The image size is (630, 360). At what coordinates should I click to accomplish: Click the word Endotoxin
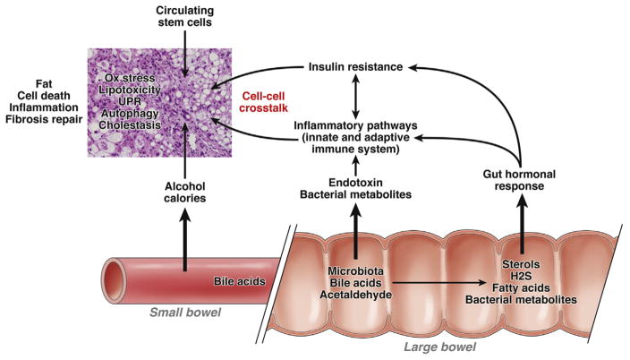coord(356,181)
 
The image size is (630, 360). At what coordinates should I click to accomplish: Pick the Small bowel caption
coord(184,313)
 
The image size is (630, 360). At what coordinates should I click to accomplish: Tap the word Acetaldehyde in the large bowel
coord(357,298)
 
